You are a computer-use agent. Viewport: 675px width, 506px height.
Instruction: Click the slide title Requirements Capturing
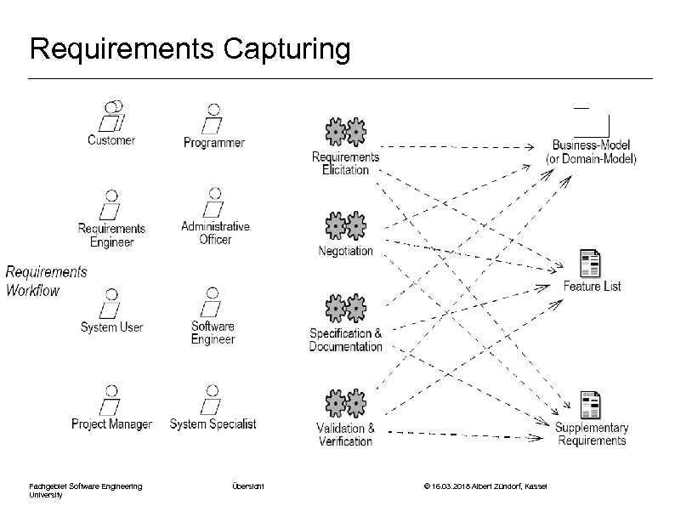pos(189,49)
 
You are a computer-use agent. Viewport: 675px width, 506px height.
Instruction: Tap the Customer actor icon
pos(111,117)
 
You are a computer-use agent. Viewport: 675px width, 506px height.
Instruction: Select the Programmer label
pos(213,143)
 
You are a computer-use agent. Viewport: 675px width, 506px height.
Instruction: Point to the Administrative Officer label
pos(215,233)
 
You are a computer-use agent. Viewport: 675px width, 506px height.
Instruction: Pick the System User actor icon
pos(111,303)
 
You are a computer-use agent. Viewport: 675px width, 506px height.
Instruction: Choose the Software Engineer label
pos(213,333)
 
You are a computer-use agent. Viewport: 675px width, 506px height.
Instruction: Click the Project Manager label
pos(111,424)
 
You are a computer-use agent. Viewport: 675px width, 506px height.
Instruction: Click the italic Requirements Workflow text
pos(46,281)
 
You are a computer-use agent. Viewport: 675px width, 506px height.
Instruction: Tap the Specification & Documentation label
pos(345,340)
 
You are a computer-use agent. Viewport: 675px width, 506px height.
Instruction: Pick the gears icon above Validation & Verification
pos(345,403)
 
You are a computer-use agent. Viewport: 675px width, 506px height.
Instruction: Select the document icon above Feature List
pos(589,264)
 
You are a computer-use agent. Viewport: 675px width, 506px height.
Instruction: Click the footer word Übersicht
pos(247,486)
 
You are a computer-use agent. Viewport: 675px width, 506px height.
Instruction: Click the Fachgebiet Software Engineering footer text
pos(85,486)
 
